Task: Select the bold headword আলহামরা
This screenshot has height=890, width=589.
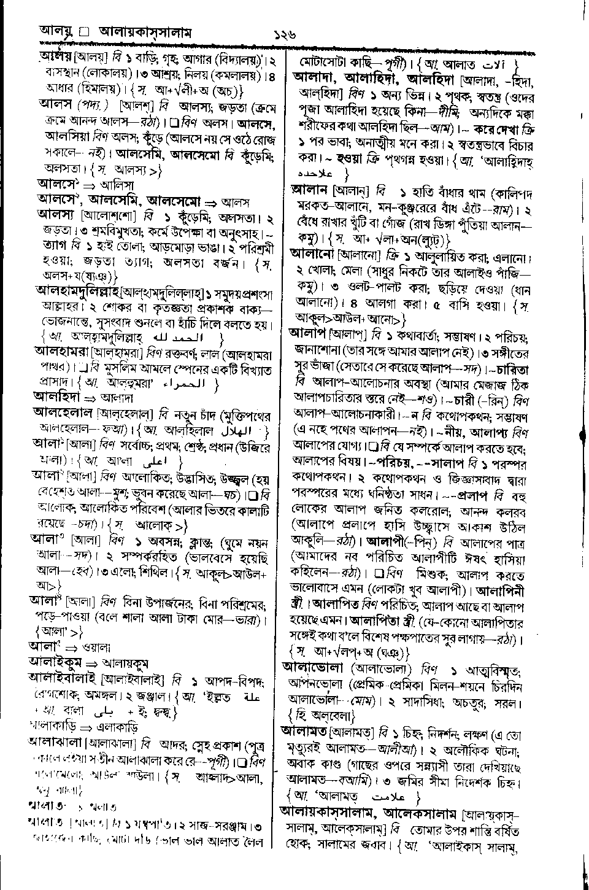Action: click(61, 352)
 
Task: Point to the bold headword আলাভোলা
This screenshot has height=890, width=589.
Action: click(312, 667)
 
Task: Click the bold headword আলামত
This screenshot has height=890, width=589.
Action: click(305, 731)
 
